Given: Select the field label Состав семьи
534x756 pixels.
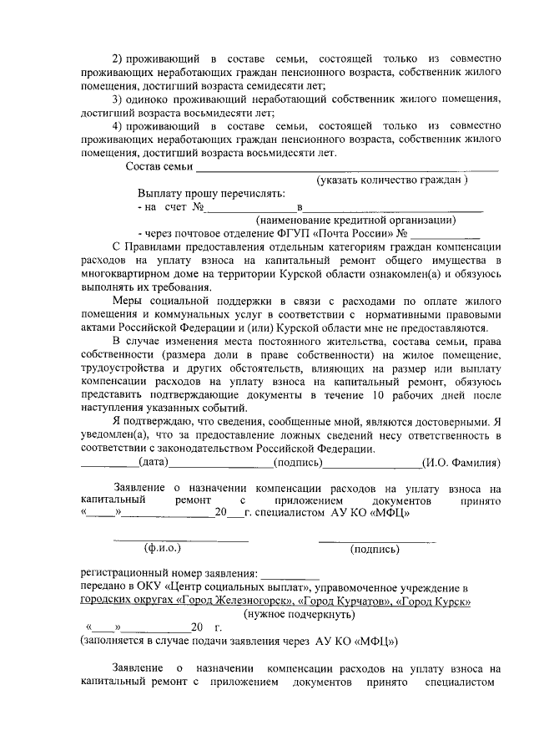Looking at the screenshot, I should (159, 167).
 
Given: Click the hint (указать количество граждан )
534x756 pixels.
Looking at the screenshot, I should (392, 180).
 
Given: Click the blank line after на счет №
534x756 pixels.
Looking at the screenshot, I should (251, 206).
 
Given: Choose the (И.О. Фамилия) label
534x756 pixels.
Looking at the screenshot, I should (461, 462).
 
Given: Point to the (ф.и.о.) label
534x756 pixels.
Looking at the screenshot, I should (163, 549).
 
